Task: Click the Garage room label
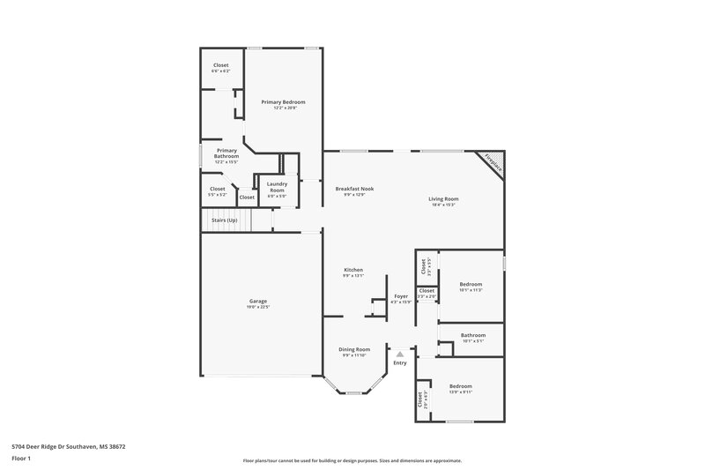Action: (x=257, y=302)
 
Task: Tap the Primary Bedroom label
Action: (x=283, y=102)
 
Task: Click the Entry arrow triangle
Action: (x=399, y=354)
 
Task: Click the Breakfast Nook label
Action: (x=354, y=189)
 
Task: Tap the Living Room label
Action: (x=443, y=198)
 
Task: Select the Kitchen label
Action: (x=352, y=270)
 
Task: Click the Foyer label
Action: (x=400, y=297)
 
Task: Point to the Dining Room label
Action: (x=354, y=349)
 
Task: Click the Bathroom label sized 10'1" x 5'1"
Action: (x=473, y=335)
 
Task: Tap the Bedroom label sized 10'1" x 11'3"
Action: (x=471, y=284)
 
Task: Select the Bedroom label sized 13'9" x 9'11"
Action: (x=461, y=386)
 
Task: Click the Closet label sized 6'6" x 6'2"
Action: (x=221, y=65)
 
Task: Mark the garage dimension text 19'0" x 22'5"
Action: (x=257, y=308)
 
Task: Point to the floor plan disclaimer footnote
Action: (x=352, y=460)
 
